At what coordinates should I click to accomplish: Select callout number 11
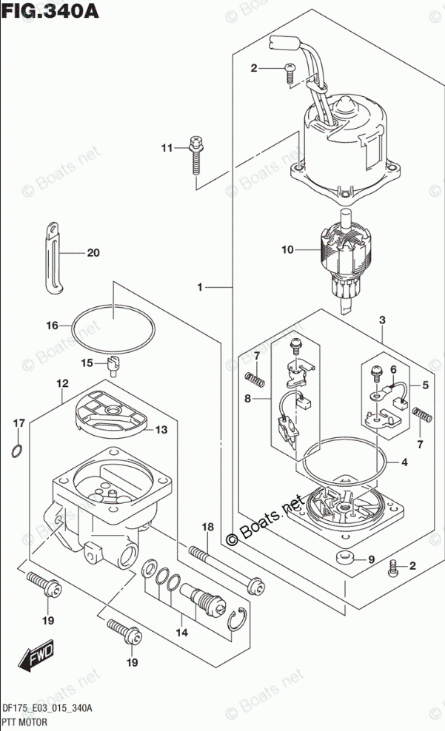[x=167, y=148]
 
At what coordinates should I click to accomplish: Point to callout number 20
[x=92, y=253]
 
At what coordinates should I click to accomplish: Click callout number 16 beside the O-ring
[x=52, y=325]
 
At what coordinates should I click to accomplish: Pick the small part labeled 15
[x=113, y=363]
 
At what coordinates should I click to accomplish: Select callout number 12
[x=62, y=383]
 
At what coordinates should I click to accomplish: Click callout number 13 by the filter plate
[x=161, y=429]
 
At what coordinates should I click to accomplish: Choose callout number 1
[x=201, y=286]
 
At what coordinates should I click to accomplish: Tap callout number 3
[x=382, y=320]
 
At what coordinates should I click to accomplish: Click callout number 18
[x=207, y=527]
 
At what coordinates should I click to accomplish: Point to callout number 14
[x=181, y=633]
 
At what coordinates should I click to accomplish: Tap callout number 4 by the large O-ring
[x=404, y=464]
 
